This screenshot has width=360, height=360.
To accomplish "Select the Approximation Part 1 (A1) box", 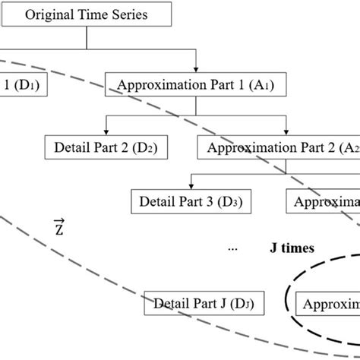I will click(x=196, y=86).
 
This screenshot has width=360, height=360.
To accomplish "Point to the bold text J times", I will click(x=292, y=248).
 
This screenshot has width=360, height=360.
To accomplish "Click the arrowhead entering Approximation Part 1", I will click(x=197, y=70).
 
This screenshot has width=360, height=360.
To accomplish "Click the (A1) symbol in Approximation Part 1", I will click(x=263, y=86).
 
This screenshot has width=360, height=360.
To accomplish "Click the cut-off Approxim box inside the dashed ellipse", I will click(x=330, y=305).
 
